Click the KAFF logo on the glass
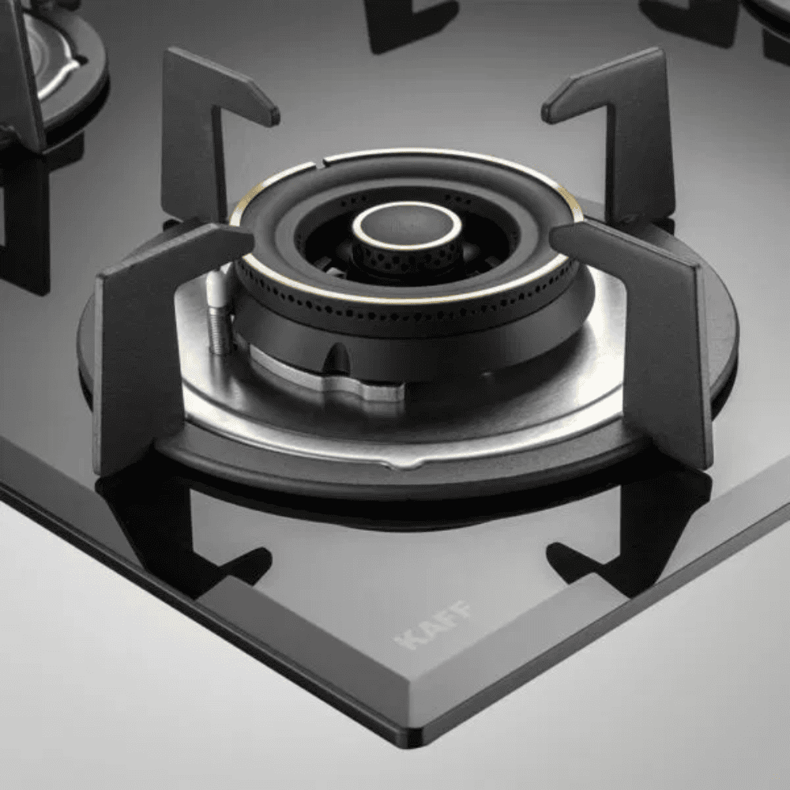point(434,625)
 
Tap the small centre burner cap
point(407,224)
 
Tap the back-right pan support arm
point(624,126)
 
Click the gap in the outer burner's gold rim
point(318,163)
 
